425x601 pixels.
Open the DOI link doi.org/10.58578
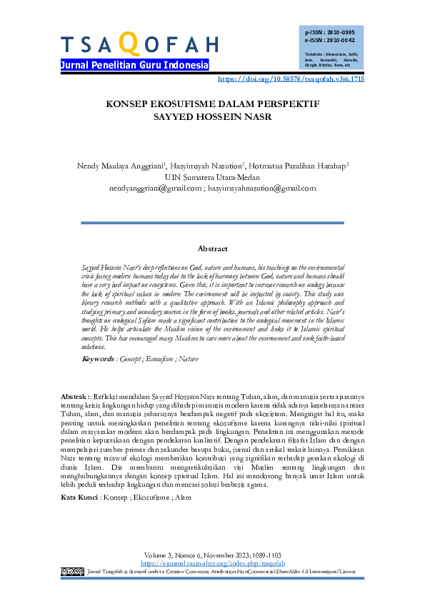pos(290,79)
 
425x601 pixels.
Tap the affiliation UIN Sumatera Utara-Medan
pos(212,177)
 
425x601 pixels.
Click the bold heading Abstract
pos(212,248)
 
